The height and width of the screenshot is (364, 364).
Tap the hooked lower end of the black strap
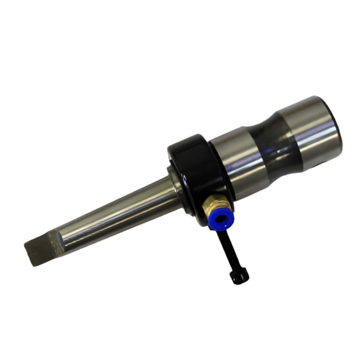pos(237,277)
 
